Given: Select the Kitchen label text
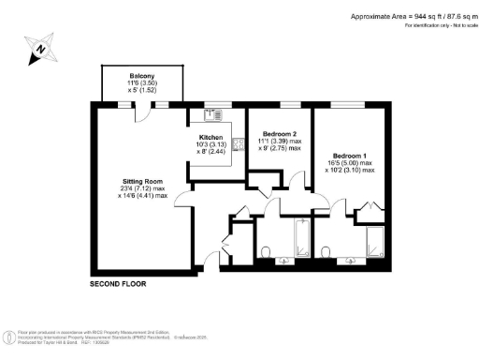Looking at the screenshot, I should (x=210, y=137).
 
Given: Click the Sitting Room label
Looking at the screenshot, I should (x=143, y=180).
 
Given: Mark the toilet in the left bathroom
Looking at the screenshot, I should (x=268, y=252).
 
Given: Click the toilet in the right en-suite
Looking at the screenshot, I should (x=327, y=252).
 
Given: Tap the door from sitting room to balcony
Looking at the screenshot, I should (x=143, y=114).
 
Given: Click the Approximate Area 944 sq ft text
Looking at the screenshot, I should (x=411, y=16).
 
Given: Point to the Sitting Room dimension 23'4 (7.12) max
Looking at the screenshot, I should (x=143, y=187).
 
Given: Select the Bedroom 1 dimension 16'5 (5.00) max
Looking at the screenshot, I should (x=352, y=163).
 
